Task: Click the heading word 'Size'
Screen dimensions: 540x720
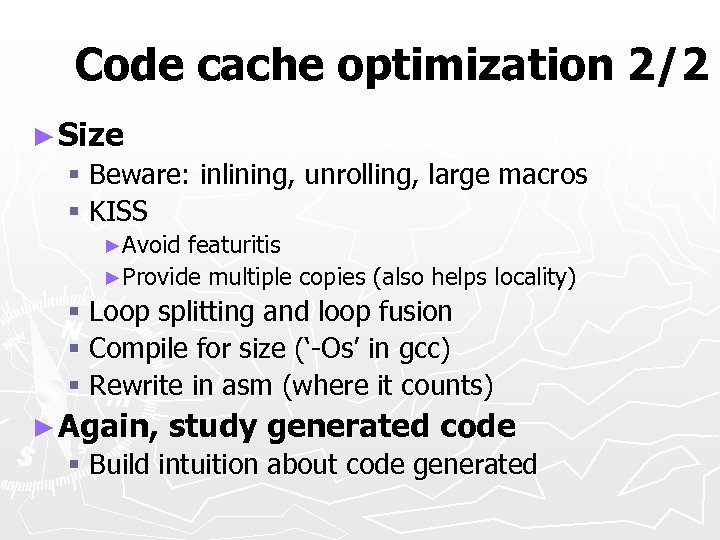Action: click(91, 134)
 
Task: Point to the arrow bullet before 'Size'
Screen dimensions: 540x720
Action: click(42, 135)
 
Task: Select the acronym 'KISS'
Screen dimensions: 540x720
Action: click(118, 211)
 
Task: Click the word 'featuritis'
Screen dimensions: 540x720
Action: click(234, 245)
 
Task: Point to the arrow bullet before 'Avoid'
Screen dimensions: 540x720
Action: click(113, 246)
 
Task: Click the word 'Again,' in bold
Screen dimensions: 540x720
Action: click(109, 427)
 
